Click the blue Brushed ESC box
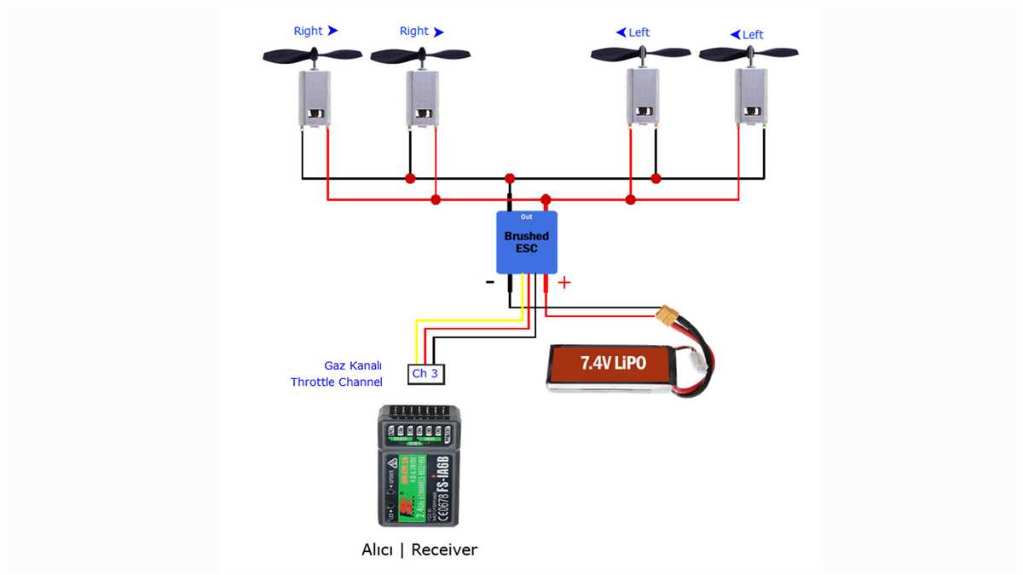[x=527, y=242]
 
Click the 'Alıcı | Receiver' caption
[x=419, y=549]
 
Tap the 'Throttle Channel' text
[x=336, y=382]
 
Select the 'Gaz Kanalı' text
[x=353, y=365]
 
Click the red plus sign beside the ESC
[x=564, y=283]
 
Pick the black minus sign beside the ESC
[x=489, y=282]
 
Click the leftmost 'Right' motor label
[x=308, y=31]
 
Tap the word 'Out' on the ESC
[x=526, y=217]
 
